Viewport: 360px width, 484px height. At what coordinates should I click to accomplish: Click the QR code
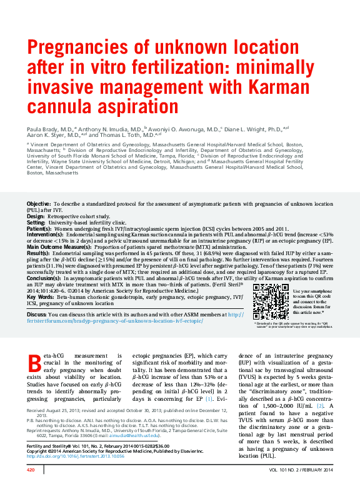point(271,302)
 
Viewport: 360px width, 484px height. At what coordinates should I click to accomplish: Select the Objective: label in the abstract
point(39,204)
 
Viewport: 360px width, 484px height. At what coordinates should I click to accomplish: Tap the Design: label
point(36,216)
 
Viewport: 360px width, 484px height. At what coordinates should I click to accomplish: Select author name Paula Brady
point(46,128)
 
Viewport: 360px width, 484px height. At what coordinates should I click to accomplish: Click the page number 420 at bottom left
point(31,469)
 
